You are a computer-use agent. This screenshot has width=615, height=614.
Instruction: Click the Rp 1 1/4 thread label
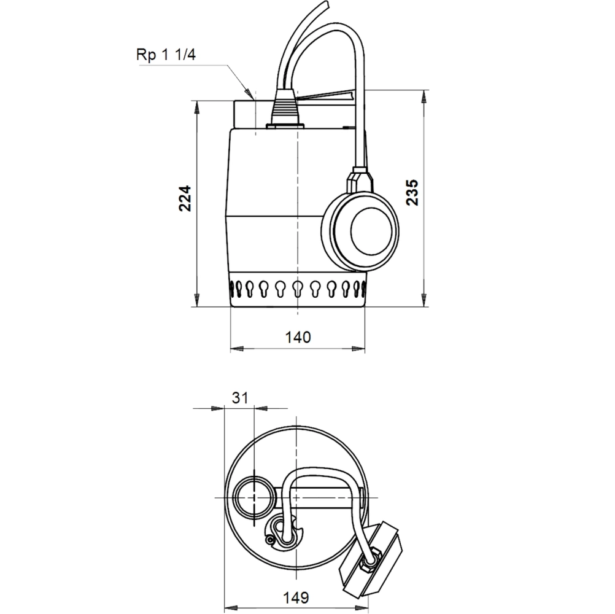tap(165, 54)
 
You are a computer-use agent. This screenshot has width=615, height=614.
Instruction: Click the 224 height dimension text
tap(186, 198)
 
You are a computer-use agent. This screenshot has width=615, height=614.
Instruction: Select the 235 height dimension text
tap(412, 192)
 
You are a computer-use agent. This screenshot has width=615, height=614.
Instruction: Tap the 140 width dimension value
tap(298, 336)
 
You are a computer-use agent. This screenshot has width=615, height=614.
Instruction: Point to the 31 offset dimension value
tap(240, 397)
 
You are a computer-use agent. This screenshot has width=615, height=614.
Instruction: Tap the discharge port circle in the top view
tap(253, 495)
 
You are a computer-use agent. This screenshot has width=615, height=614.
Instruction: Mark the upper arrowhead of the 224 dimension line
tap(196, 106)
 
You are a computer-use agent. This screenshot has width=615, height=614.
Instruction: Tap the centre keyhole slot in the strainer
tap(297, 288)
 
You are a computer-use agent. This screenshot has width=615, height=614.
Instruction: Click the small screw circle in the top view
tap(269, 540)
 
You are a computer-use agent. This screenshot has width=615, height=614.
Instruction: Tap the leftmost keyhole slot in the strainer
tap(234, 288)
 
